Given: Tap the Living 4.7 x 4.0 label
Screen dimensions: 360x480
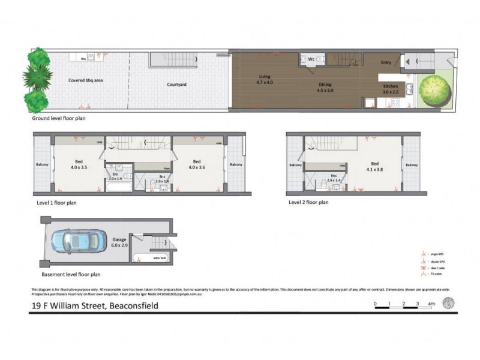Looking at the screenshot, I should (x=265, y=80).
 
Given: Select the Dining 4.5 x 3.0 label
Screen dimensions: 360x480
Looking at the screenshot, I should (x=324, y=88).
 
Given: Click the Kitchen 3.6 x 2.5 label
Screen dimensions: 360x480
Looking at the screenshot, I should (x=391, y=89).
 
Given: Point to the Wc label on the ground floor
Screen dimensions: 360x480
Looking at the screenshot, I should (x=311, y=59).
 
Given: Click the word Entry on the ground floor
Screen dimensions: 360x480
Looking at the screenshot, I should (x=386, y=62).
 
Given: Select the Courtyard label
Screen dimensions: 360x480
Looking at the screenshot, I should (x=176, y=85).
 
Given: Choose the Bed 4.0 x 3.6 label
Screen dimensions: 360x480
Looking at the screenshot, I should (x=196, y=164).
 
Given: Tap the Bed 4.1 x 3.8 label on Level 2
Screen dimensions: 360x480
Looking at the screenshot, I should (x=375, y=166).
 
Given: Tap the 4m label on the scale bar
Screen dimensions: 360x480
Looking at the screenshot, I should (x=431, y=304).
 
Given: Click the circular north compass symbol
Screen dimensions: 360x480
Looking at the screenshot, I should (x=448, y=303).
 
